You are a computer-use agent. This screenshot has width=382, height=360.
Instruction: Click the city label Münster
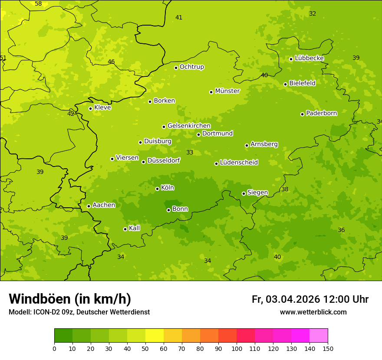click(227, 91)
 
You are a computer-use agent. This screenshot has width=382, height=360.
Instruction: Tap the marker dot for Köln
click(157, 189)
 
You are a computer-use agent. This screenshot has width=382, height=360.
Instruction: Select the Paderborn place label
click(321, 113)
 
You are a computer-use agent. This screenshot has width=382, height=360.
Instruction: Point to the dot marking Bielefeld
click(285, 84)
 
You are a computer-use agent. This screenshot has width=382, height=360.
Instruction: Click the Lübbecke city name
click(309, 58)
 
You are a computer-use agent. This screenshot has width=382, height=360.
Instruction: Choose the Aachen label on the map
click(104, 205)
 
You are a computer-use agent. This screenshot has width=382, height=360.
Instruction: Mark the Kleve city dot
click(90, 108)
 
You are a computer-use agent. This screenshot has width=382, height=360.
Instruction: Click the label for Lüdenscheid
click(239, 163)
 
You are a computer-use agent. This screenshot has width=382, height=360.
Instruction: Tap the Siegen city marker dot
click(244, 193)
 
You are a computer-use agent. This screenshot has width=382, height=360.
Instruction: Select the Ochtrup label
click(191, 67)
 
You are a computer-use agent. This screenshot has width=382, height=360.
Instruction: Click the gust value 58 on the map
click(38, 4)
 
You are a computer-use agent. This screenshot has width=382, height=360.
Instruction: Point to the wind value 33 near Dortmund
click(190, 152)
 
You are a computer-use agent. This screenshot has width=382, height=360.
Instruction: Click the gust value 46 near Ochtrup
click(111, 62)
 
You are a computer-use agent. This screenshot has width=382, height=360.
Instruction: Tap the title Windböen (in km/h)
click(70, 299)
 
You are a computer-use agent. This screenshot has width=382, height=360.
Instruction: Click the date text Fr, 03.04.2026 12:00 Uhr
click(310, 299)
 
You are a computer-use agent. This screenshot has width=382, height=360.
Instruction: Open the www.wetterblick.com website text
click(313, 312)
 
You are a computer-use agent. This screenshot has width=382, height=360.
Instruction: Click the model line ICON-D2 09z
click(79, 312)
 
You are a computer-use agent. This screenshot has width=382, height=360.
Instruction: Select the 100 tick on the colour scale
click(237, 349)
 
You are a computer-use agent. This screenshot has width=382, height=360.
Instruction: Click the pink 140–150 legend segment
click(319, 336)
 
